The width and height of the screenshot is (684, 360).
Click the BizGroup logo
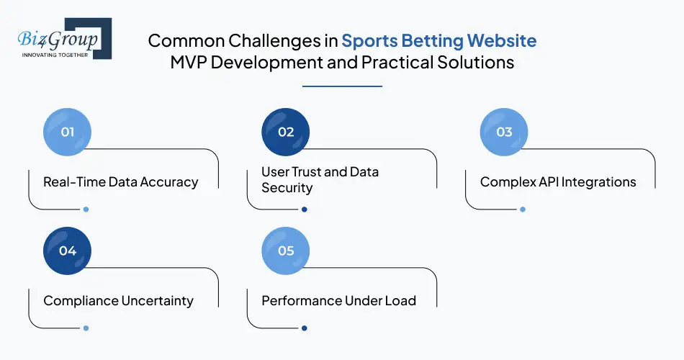click(63, 38)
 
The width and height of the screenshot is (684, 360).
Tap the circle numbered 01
click(68, 132)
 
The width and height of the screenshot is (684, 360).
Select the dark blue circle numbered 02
click(286, 132)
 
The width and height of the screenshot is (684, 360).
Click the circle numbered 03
click(504, 132)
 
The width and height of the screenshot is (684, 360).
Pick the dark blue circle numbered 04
click(68, 251)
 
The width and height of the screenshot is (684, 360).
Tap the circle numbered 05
click(286, 251)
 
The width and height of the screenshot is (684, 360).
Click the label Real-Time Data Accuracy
click(120, 181)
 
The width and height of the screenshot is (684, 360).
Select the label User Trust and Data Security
click(320, 180)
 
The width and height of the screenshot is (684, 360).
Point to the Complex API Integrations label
click(558, 181)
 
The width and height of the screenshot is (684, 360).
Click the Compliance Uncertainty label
click(118, 300)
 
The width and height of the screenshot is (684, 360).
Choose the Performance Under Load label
click(338, 300)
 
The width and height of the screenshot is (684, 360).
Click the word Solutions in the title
click(476, 63)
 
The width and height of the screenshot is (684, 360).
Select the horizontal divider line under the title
click(341, 86)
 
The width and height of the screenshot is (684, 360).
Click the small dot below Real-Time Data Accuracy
click(86, 210)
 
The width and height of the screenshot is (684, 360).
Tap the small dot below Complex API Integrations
click(522, 210)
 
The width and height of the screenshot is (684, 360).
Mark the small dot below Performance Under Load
click(304, 328)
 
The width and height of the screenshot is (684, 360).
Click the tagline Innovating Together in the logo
click(54, 54)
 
